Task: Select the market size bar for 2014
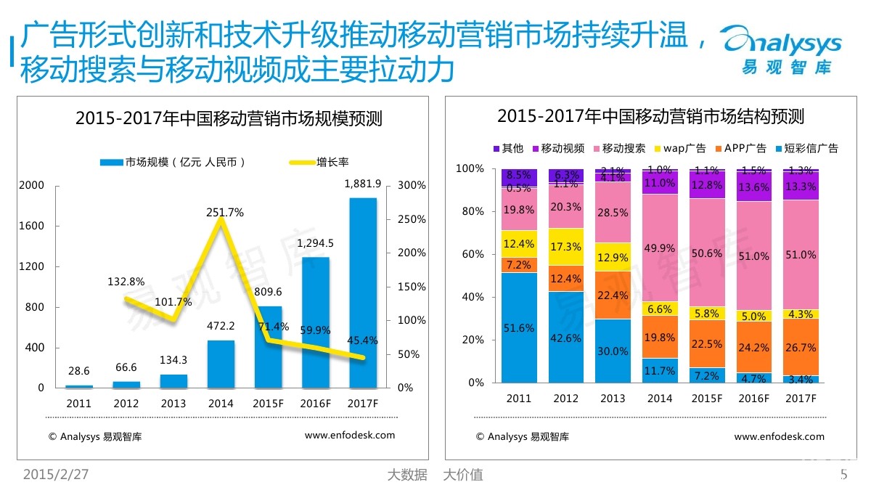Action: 221,364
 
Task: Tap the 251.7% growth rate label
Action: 225,213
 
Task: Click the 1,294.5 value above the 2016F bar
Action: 316,243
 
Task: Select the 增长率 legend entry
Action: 319,162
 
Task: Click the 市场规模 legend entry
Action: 174,162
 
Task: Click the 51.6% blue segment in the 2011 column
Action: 519,328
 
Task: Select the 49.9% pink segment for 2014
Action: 660,248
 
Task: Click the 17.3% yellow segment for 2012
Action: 565,247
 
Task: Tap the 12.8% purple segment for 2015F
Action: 706,185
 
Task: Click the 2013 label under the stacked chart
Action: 613,399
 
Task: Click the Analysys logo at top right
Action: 784,51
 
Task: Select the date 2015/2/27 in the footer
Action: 56,475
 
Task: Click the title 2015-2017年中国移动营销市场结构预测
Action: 650,116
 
